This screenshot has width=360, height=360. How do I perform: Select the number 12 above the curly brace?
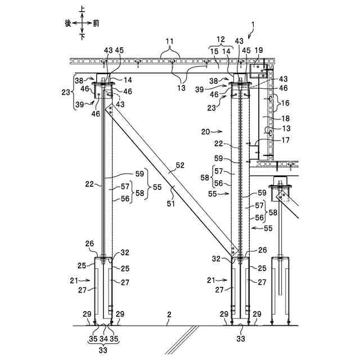221,40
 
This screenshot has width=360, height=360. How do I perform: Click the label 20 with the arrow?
205,131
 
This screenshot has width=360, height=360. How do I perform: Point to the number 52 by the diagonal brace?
180,166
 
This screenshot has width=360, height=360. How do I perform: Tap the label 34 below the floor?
103,340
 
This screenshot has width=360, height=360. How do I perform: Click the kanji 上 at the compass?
82,9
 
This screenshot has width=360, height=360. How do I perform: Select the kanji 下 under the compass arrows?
82,37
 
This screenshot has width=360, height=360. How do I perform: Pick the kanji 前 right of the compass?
96,23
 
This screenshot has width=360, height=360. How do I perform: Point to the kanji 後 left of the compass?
68,23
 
